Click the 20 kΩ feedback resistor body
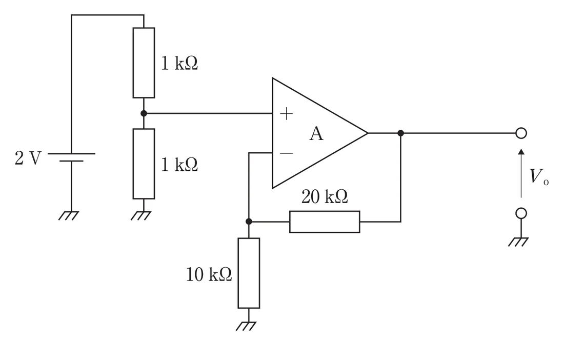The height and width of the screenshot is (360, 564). point(325,222)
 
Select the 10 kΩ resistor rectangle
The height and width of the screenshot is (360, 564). point(249,273)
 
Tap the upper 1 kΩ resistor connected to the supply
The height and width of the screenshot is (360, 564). point(144,63)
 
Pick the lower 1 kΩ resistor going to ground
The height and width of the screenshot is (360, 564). point(144,164)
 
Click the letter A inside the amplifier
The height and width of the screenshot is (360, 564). point(316,134)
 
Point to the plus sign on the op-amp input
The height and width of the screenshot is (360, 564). point(286,114)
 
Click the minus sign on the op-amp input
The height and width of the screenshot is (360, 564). point(286,153)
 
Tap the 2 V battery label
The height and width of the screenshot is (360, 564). point(28,158)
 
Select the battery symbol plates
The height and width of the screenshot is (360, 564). point(71,157)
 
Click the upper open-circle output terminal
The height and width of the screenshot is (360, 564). point(521,133)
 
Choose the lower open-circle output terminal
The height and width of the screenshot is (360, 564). point(521,213)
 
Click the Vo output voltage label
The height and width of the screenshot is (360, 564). point(539,176)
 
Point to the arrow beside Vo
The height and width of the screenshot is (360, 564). point(521,173)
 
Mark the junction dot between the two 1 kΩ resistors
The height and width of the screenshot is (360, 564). point(144,113)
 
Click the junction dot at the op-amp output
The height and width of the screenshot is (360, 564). point(401,133)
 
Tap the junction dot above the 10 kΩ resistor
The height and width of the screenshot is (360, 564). point(249,222)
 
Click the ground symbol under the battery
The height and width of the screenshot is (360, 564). point(68,215)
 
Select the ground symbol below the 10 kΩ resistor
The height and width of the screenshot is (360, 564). point(246,326)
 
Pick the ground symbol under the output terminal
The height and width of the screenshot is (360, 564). point(518,242)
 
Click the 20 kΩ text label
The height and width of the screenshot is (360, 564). point(325,197)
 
